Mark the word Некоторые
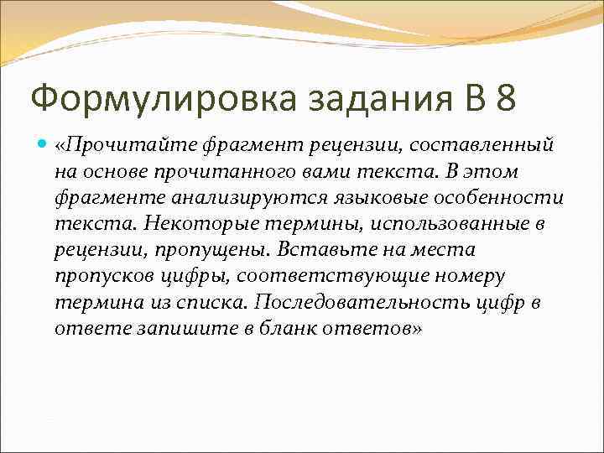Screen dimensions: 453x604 209,224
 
